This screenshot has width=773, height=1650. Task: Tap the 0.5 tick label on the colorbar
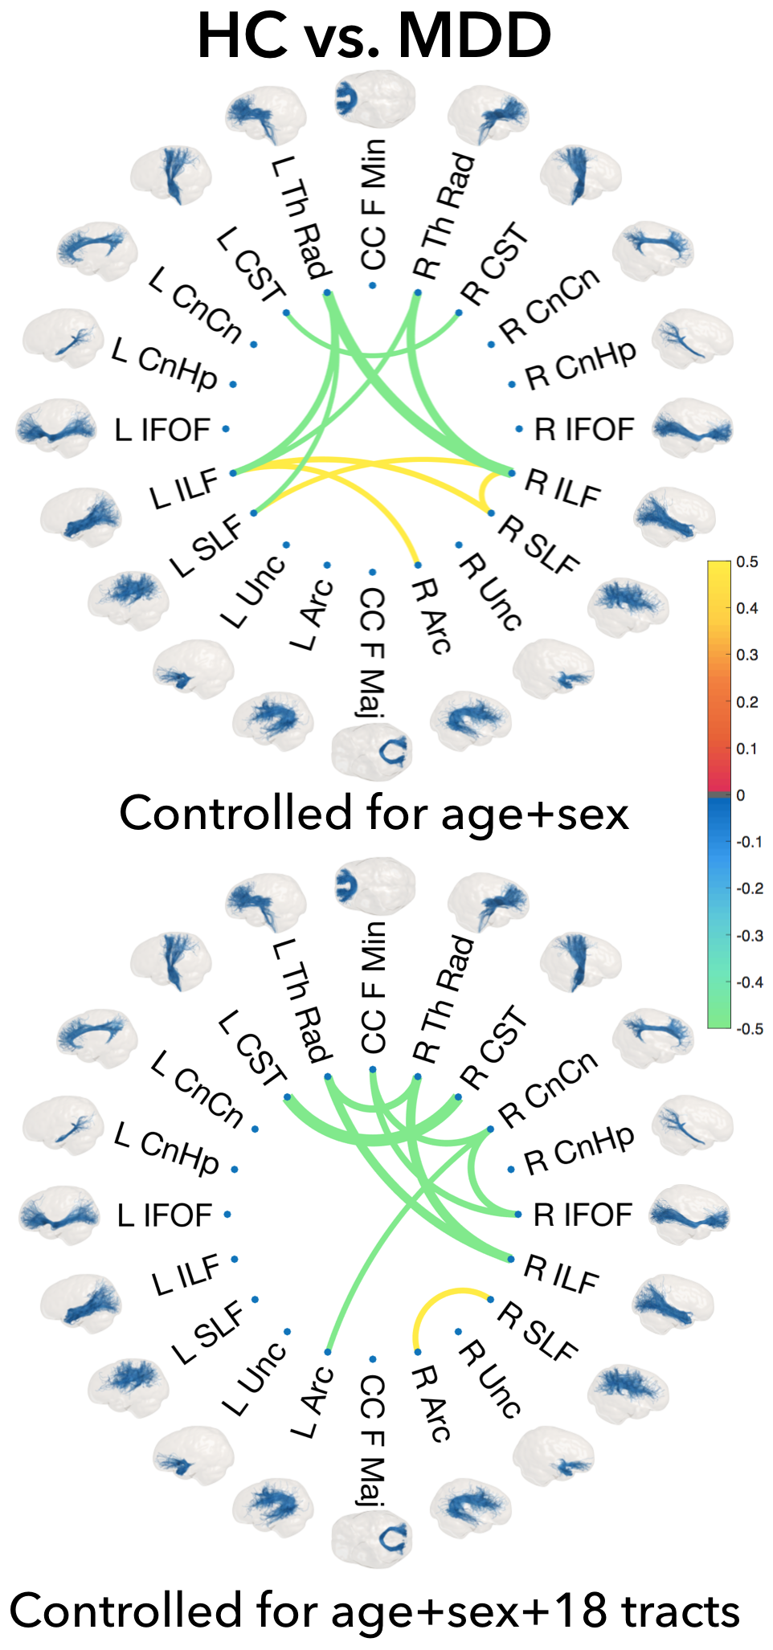[x=747, y=562]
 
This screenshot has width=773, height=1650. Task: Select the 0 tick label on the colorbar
[x=740, y=795]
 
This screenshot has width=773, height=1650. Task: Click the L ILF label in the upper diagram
[x=184, y=488]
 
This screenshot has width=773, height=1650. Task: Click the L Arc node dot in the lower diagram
[x=328, y=1352]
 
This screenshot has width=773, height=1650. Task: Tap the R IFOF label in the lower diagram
[x=583, y=1215]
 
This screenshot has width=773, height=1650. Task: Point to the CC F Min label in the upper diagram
[x=374, y=205]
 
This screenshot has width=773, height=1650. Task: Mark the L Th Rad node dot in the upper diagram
[x=327, y=293]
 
